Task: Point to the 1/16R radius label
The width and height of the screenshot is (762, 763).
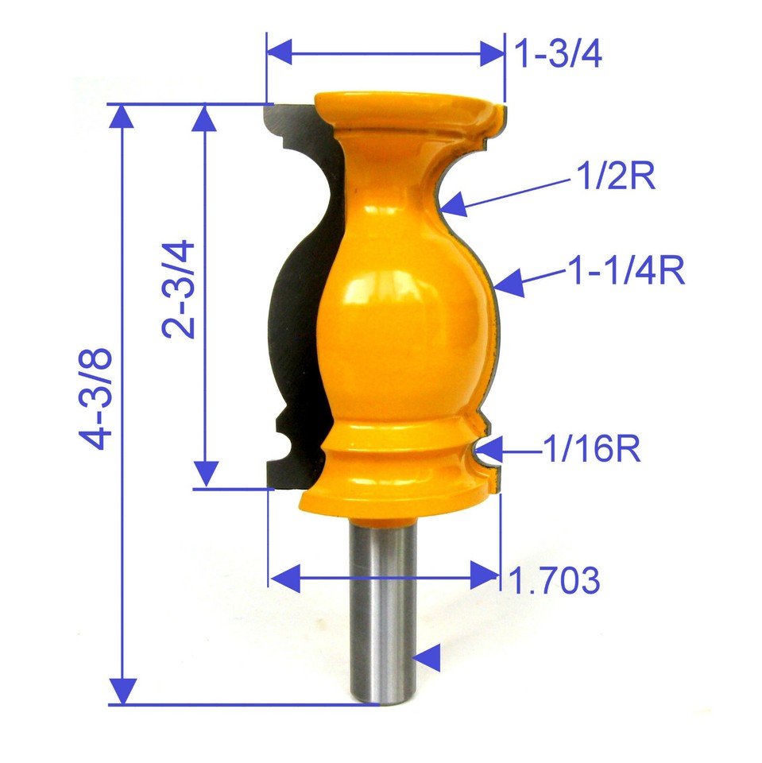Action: (x=592, y=451)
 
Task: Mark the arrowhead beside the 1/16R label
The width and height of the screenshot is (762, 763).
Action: (x=491, y=451)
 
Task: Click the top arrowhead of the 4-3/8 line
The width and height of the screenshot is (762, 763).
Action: (x=122, y=117)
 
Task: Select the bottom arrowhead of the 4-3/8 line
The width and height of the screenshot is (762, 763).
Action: (x=122, y=690)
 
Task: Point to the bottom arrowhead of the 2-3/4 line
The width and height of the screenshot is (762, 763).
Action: (x=206, y=474)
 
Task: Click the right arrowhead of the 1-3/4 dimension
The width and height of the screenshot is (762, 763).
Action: (x=490, y=54)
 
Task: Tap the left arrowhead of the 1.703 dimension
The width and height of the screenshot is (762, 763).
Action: (x=284, y=575)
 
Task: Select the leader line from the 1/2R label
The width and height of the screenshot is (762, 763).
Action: (x=509, y=195)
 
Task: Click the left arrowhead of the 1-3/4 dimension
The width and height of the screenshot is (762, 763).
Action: (x=280, y=54)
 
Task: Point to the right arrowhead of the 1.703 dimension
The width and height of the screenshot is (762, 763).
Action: (x=484, y=575)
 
